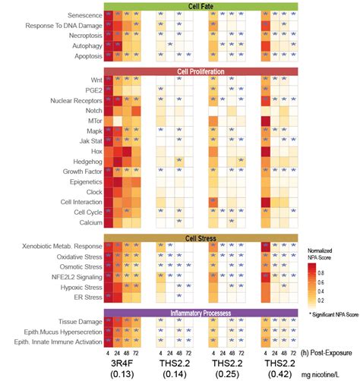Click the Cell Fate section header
pyautogui.click(x=201, y=6)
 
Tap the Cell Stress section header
pyautogui.click(x=201, y=238)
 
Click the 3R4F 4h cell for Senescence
pyautogui.click(x=109, y=15)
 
